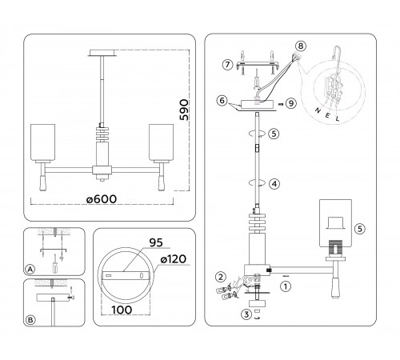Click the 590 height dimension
click(184, 110)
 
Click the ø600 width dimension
click(102, 199)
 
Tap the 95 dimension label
click(156, 242)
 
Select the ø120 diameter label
click(174, 259)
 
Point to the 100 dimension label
click(122, 310)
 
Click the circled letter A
click(30, 269)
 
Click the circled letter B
click(30, 320)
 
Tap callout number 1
click(286, 286)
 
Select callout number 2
click(221, 277)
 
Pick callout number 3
click(246, 314)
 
